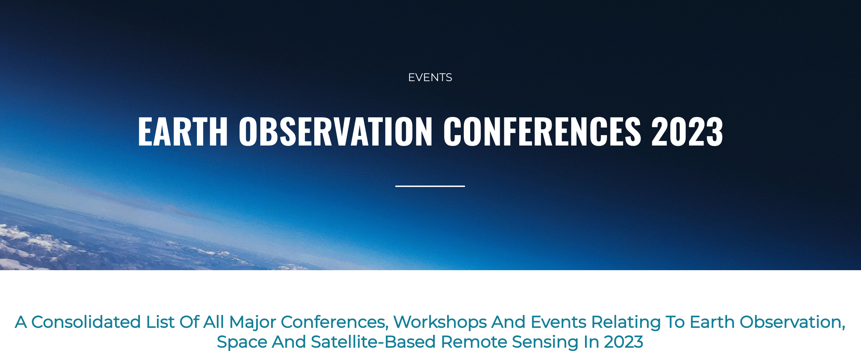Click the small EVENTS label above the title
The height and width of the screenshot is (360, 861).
tap(430, 77)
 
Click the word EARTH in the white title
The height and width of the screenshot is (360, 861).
tap(183, 131)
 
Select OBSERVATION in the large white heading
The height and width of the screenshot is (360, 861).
tap(335, 131)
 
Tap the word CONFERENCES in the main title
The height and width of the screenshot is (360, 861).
tap(542, 131)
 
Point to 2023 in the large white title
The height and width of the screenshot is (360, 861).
tap(687, 131)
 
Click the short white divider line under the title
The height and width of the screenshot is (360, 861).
tap(430, 186)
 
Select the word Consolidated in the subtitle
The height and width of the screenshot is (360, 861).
tap(86, 322)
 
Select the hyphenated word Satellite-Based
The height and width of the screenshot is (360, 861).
tap(373, 342)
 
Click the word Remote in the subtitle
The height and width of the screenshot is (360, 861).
tap(474, 342)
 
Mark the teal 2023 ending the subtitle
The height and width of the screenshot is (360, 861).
tap(624, 342)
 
